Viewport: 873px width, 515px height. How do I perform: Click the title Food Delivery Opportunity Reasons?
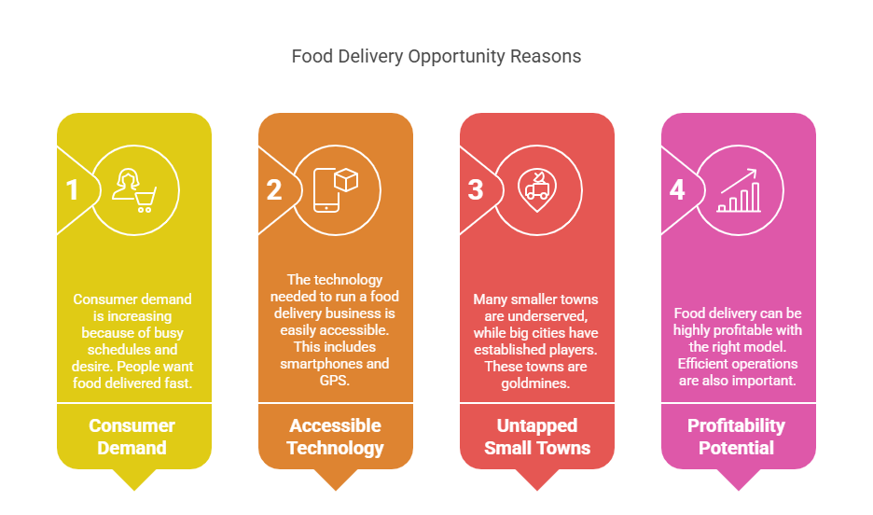[436, 56]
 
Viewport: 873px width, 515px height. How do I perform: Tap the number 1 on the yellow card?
[72, 189]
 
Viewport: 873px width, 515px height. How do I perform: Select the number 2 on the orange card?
[274, 189]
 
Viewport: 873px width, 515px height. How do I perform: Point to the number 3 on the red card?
[476, 189]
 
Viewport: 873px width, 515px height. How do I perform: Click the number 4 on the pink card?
[677, 189]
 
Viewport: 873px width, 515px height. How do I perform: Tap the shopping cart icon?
[145, 200]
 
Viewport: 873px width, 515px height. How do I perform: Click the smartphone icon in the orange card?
[326, 190]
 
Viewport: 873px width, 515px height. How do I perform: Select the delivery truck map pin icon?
[537, 191]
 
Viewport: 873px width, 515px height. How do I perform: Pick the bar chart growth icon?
[739, 190]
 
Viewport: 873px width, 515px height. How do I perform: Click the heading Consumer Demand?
[132, 437]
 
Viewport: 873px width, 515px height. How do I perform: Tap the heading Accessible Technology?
[335, 437]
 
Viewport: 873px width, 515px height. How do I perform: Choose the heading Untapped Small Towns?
[537, 437]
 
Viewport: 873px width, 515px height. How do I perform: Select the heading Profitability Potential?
[737, 437]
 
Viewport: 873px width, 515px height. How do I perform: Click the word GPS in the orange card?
[334, 381]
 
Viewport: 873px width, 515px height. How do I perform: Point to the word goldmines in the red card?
[535, 383]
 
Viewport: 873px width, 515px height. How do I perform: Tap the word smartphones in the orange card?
[320, 364]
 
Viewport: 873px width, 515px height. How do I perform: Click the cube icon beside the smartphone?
[346, 180]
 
